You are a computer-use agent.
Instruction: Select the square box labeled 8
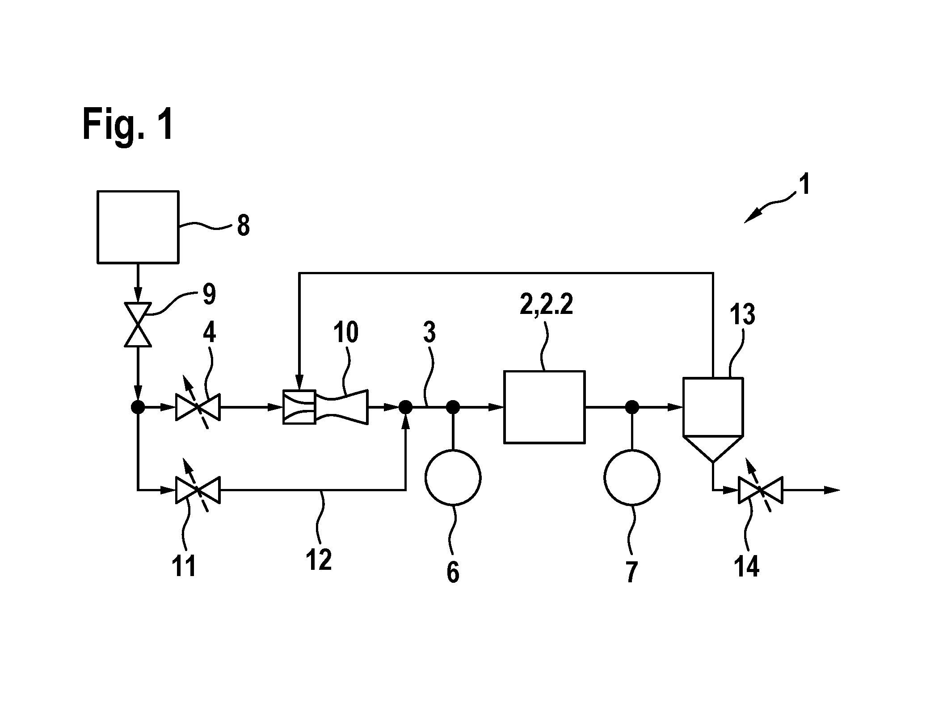pos(138,226)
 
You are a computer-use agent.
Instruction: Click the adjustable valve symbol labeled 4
pos(198,407)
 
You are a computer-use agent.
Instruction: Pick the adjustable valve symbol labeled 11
pos(198,489)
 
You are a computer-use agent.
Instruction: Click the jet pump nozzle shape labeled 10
pos(326,407)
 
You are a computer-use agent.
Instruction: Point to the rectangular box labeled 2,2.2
pos(544,407)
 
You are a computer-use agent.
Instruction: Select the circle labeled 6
pos(453,477)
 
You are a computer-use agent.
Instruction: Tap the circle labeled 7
pos(632,477)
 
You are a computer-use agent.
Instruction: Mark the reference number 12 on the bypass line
pos(319,560)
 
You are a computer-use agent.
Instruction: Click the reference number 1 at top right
pos(804,185)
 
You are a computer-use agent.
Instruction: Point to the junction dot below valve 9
pos(138,407)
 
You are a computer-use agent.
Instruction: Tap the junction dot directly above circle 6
pos(453,407)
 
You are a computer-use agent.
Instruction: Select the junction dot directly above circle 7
pos(632,407)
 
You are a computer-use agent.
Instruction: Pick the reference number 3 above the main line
pos(429,332)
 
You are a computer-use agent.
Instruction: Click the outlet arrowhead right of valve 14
pos(832,490)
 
